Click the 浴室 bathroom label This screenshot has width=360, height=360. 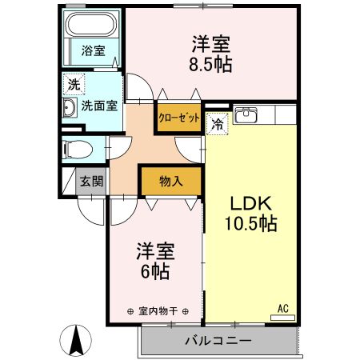pos(92,51)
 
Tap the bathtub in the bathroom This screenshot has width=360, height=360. pos(91,26)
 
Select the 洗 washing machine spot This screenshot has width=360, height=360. pos(73,83)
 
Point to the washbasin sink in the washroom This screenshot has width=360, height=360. pos(70,108)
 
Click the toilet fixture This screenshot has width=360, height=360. pos(77,148)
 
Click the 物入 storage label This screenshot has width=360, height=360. pos(171,180)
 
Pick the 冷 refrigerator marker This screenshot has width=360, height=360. pos(217,123)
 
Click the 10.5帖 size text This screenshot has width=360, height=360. pos(250,225)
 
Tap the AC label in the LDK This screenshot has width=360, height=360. pos(282,308)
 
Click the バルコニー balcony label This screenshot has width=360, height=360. pos(218,340)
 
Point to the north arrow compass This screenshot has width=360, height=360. pos(77,342)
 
